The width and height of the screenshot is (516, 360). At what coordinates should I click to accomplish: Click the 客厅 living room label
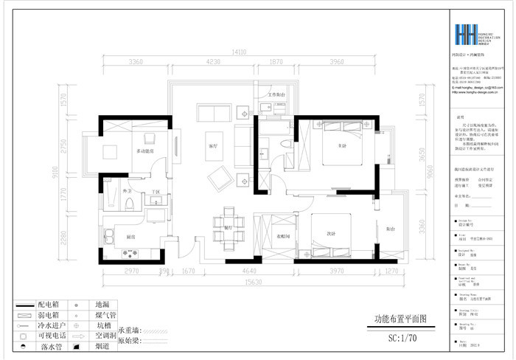(x=212, y=146)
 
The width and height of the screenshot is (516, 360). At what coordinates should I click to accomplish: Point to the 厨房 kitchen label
(x=130, y=237)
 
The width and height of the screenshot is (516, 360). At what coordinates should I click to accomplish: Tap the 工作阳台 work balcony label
(x=276, y=95)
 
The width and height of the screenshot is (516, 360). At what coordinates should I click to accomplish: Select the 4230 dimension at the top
(x=214, y=63)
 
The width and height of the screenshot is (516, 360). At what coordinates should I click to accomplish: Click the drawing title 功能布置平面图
(x=396, y=319)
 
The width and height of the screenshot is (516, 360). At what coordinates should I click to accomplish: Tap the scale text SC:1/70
(x=402, y=339)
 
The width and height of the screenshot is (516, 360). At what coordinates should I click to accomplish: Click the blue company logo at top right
(x=466, y=35)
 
